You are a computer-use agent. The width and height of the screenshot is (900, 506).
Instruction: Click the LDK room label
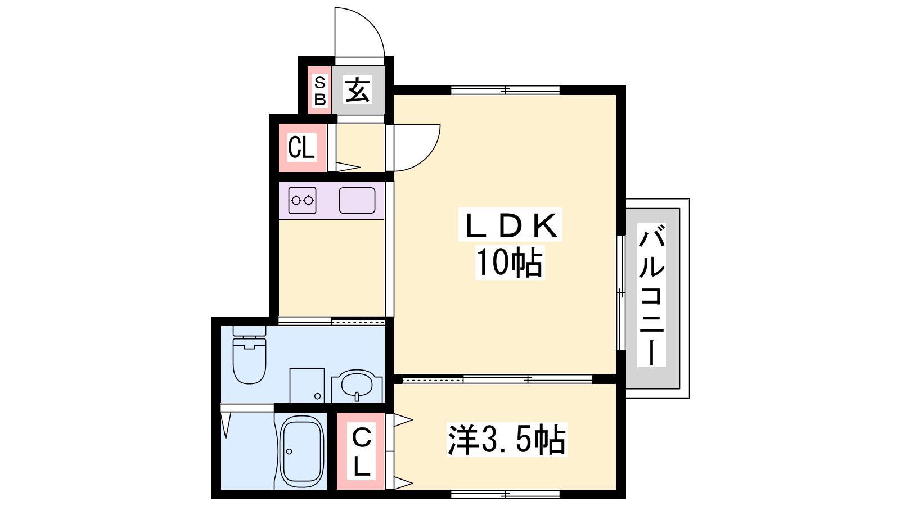(x=510, y=225)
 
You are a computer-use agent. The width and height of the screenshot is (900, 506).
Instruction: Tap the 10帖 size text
(x=510, y=262)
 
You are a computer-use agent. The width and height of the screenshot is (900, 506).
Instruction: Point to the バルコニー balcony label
(x=651, y=295)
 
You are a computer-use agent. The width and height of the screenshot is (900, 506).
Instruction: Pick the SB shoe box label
(x=320, y=91)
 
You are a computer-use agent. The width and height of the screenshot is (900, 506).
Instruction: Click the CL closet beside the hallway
(x=301, y=147)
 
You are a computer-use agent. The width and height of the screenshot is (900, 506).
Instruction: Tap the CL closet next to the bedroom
(x=362, y=451)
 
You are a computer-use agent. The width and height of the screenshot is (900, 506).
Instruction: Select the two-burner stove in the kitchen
(x=302, y=200)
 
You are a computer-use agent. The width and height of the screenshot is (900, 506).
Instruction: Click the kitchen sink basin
(x=357, y=200)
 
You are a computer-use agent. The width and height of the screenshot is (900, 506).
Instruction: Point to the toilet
(x=250, y=355)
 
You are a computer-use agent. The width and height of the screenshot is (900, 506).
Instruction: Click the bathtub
(x=301, y=453)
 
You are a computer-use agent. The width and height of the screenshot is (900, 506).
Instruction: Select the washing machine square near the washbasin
(x=307, y=386)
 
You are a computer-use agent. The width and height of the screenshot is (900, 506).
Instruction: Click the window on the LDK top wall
(x=506, y=90)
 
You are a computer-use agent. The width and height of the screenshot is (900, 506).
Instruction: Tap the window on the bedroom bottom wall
(x=506, y=494)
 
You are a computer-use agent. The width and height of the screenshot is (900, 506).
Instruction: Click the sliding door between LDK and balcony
(x=621, y=293)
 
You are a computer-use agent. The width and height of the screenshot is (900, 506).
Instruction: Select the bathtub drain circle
(x=289, y=452)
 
